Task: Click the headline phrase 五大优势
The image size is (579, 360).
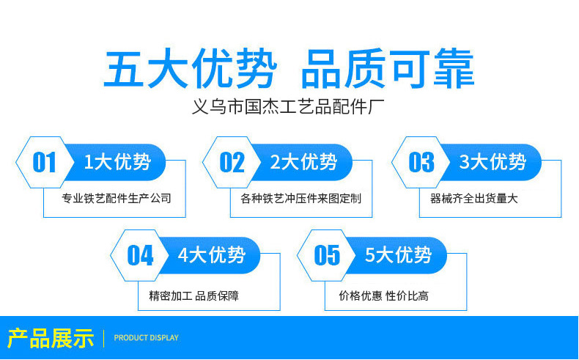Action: tap(190, 70)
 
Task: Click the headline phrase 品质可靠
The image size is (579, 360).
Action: tap(388, 70)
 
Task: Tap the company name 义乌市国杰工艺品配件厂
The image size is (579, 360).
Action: tap(287, 108)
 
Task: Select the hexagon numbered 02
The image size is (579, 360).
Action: tap(232, 162)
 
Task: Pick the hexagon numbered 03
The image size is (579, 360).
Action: tap(421, 162)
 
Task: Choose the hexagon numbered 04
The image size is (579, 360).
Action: tap(140, 255)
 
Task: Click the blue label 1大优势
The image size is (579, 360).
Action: tap(117, 162)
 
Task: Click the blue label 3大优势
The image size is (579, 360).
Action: tap(493, 162)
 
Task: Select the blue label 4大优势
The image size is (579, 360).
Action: tap(212, 255)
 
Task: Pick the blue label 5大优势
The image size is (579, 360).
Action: tap(399, 255)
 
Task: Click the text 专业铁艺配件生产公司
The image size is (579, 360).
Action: tap(117, 198)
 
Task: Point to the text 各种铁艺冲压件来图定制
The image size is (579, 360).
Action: tap(300, 198)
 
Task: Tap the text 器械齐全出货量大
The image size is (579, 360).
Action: tap(474, 198)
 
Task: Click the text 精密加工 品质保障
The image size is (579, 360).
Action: tap(193, 296)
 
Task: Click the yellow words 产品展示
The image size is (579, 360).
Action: tap(51, 338)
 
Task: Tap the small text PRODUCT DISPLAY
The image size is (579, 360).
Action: tap(147, 338)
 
